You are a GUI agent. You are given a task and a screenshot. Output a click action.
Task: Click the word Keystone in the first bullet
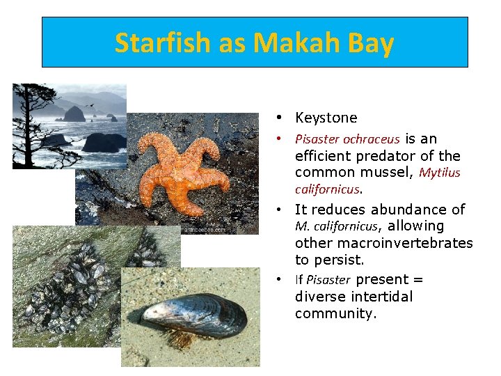tap(326, 118)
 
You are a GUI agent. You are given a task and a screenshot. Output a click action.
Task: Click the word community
tap(335, 314)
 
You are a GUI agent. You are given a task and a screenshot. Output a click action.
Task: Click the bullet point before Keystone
tap(278, 118)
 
